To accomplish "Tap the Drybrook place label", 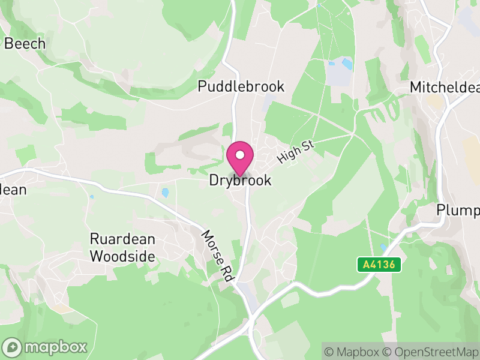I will coord(240,180).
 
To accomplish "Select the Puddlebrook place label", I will coord(241,86).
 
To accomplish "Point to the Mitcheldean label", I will coord(445,88).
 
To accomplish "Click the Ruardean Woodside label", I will coord(122,248).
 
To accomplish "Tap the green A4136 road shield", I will coord(379,264).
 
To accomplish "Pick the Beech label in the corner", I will coord(25,44).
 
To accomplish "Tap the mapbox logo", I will coord(46,347).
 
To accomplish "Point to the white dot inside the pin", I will coord(240,155).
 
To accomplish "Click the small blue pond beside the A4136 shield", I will coord(383,247).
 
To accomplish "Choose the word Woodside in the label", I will coord(122,257).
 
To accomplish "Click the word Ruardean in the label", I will coord(122,239).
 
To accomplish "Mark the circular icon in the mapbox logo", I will coord(13,347).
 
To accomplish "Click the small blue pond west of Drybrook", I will coord(165,193).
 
